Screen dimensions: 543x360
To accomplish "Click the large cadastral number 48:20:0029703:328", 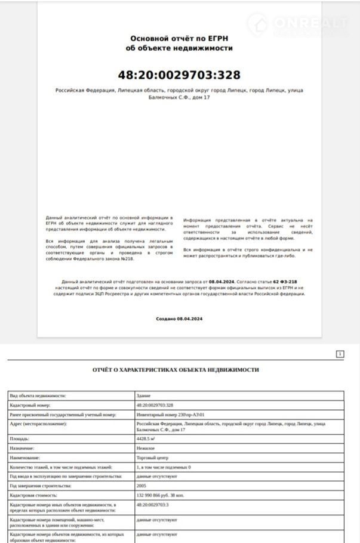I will pos(179,75).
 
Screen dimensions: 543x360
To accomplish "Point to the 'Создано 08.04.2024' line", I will pos(179,319).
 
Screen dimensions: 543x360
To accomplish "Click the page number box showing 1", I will pos(340,354).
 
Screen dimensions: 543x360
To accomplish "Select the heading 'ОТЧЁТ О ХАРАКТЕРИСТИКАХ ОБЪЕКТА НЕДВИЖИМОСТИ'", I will pos(176,370).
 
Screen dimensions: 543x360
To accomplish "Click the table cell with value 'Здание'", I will pos(144,396).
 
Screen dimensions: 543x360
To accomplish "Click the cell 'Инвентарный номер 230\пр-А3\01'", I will pos(170,415).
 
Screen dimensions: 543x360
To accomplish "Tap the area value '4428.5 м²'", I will pos(146,439).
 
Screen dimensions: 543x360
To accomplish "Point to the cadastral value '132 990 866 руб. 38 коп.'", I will pos(161,495).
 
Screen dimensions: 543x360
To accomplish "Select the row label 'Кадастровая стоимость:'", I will pos(33,495).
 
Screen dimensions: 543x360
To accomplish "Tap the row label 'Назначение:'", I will pos(22,448).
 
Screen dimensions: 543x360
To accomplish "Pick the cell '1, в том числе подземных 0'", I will pos(164,467).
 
